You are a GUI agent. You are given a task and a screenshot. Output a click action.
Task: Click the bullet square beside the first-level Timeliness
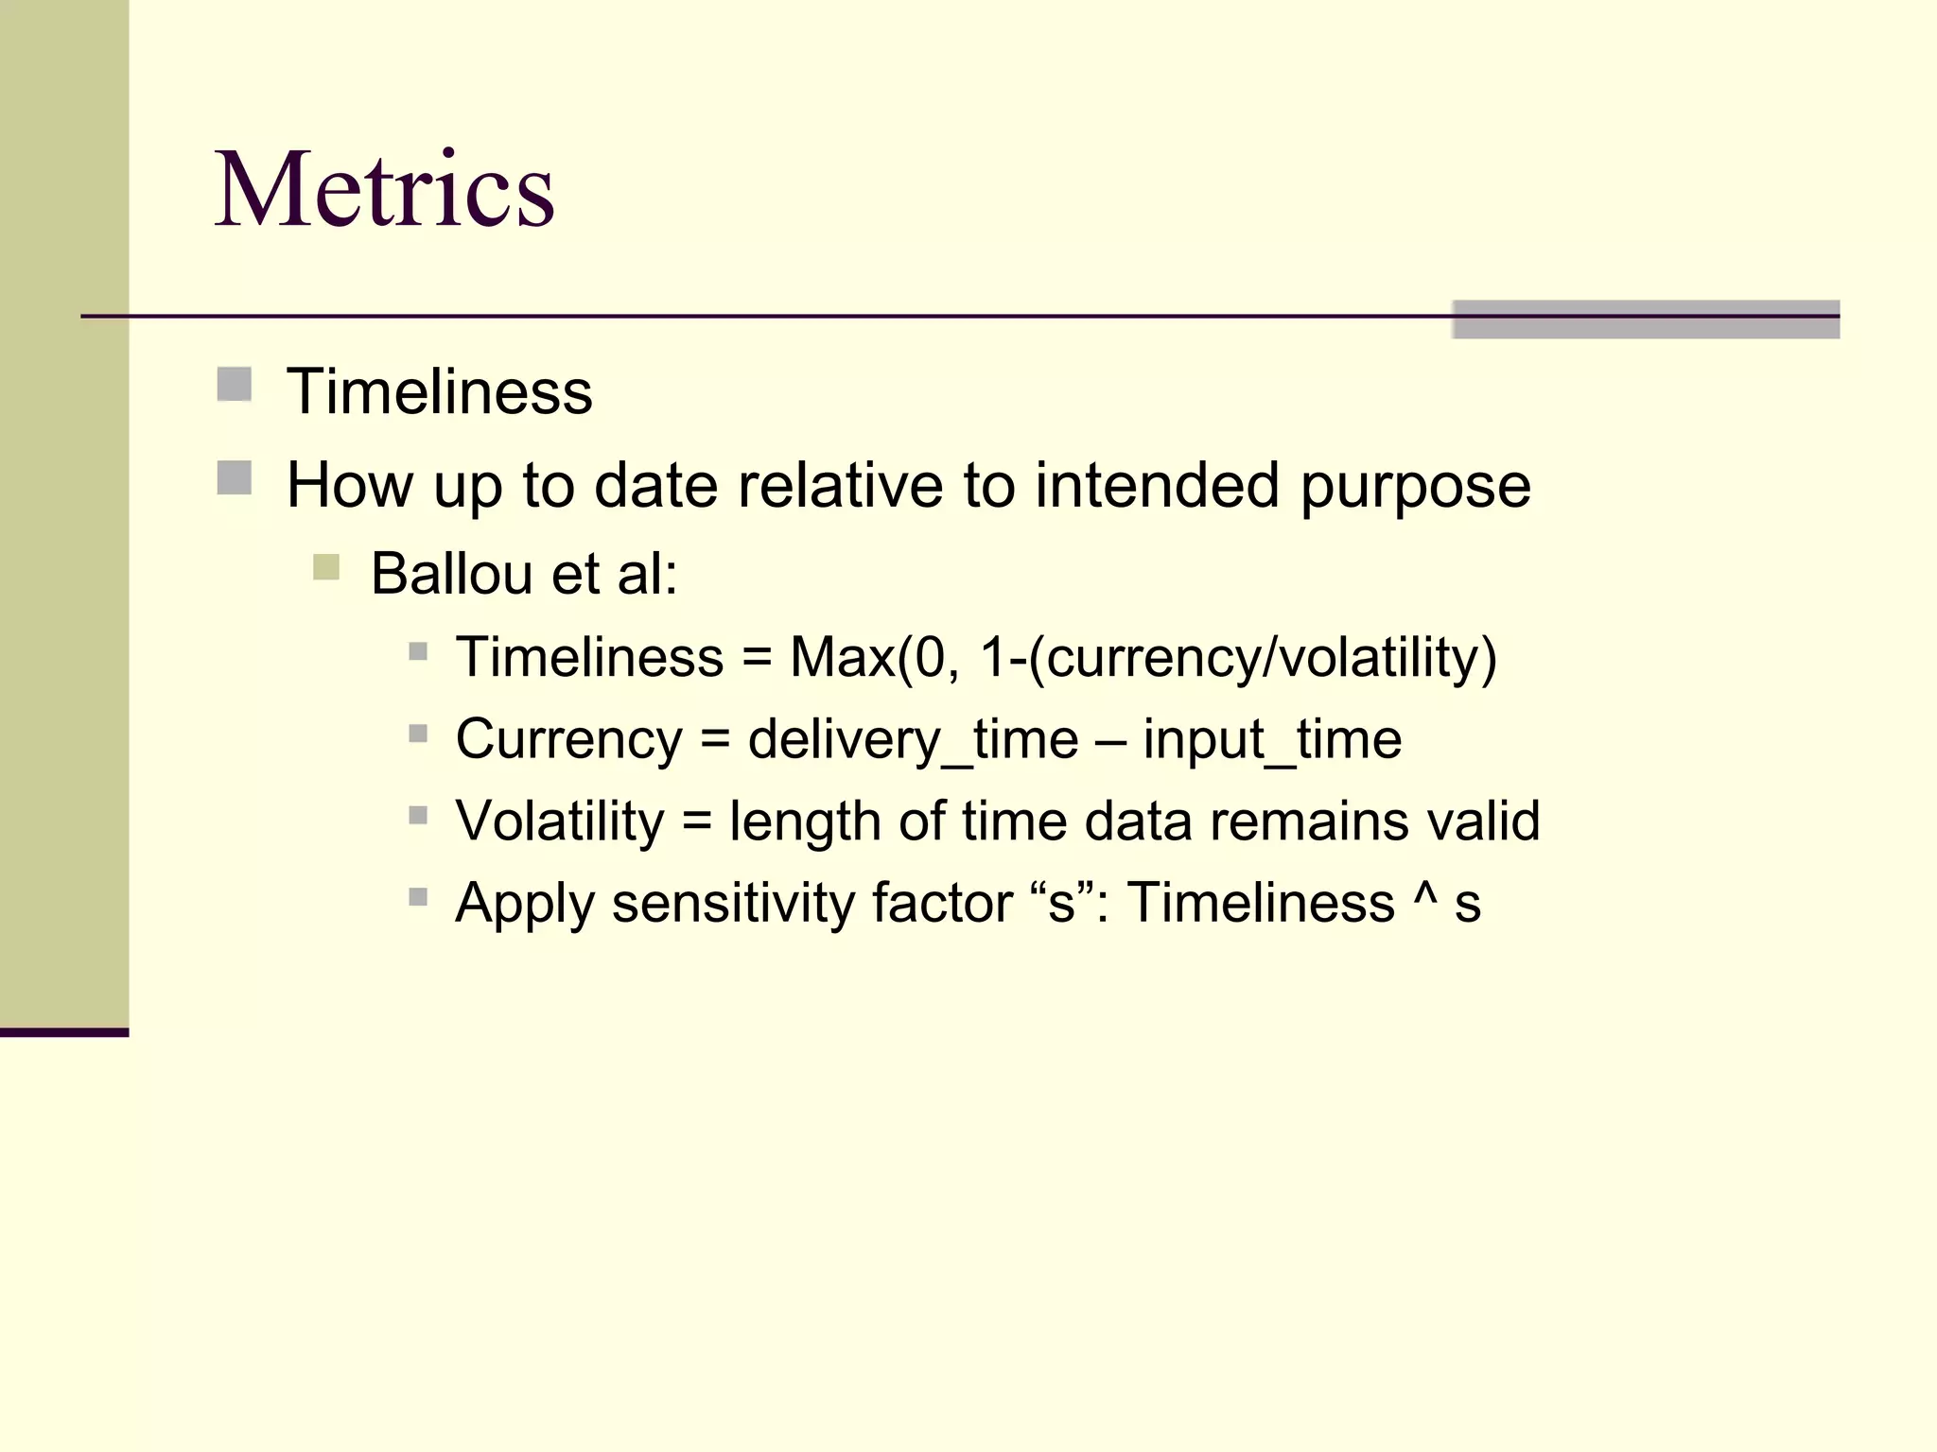[234, 385]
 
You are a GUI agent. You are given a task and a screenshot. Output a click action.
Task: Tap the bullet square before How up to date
[234, 478]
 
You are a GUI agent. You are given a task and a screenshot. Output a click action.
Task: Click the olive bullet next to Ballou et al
[325, 567]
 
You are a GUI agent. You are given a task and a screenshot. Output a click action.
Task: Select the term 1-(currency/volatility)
[1238, 658]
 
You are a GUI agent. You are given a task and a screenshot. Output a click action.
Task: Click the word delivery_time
[913, 740]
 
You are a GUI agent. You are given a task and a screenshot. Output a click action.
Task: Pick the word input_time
[1272, 740]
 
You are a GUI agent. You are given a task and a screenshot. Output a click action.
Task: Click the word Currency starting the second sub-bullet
[568, 740]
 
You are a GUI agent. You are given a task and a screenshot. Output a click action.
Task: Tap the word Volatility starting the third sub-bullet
[560, 821]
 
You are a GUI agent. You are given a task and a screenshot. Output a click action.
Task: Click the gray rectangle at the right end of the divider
[1646, 320]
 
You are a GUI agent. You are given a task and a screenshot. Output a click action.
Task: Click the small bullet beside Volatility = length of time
[418, 815]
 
